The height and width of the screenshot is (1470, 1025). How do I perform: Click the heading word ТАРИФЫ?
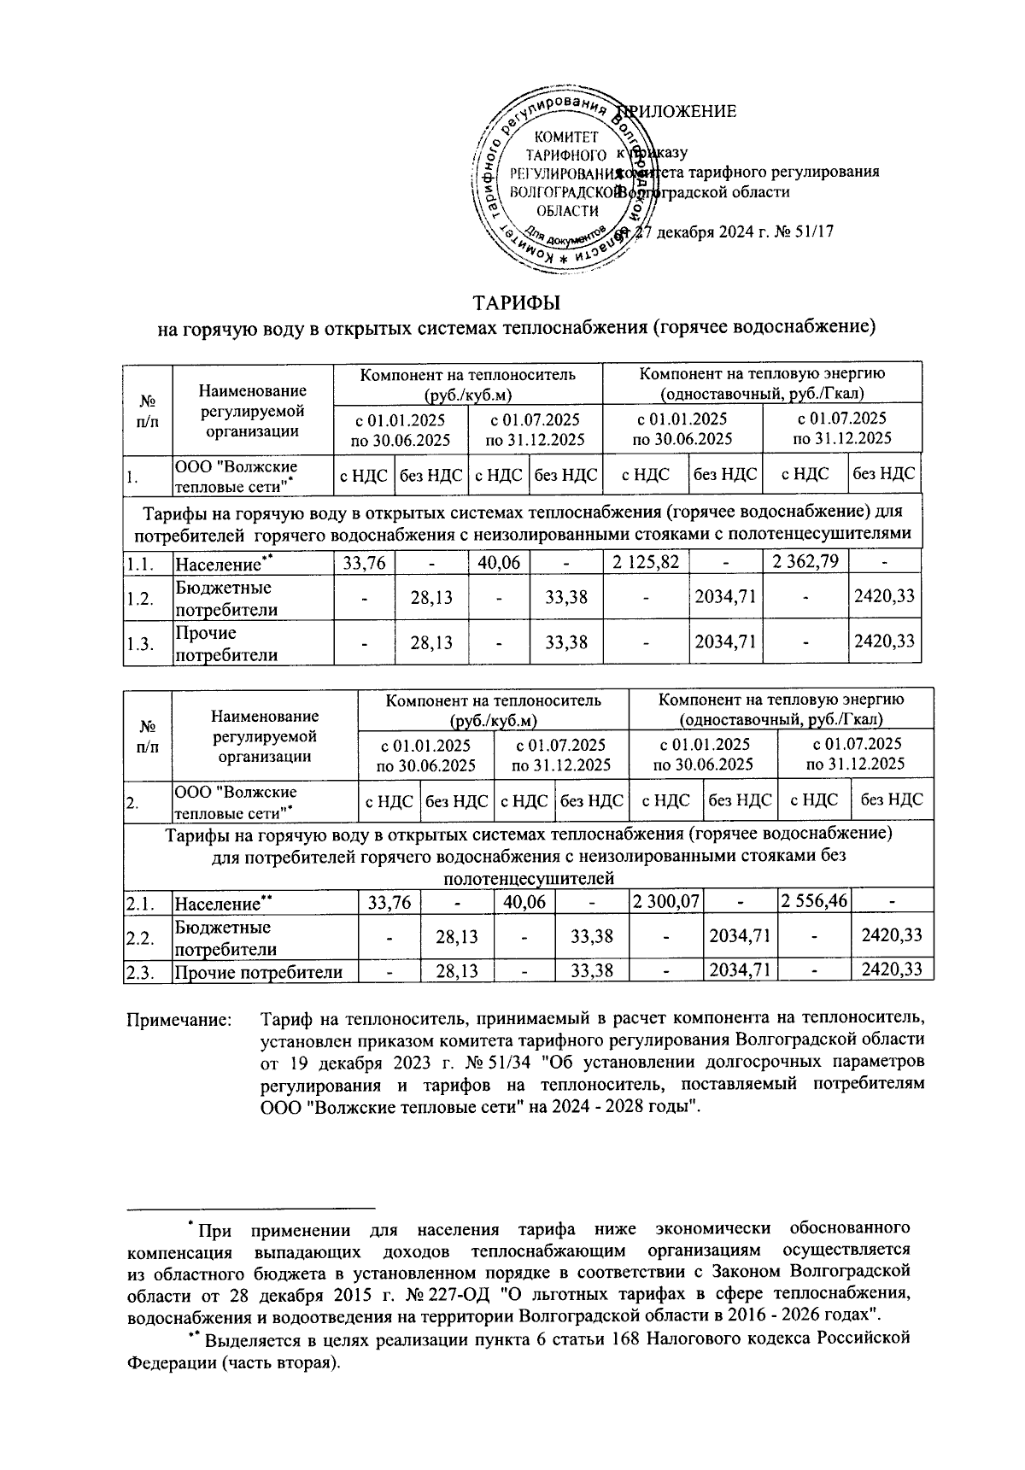[x=517, y=303]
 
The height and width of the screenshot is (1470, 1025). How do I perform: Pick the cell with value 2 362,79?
[x=803, y=563]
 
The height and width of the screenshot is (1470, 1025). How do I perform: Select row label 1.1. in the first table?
[x=141, y=564]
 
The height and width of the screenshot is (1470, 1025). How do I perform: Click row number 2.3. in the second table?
[x=139, y=971]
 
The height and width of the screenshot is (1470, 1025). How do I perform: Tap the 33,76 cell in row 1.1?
[x=364, y=563]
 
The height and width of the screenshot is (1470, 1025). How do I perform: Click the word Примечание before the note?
[x=179, y=1019]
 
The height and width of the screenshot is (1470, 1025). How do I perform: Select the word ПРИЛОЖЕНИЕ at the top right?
[x=683, y=112]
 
